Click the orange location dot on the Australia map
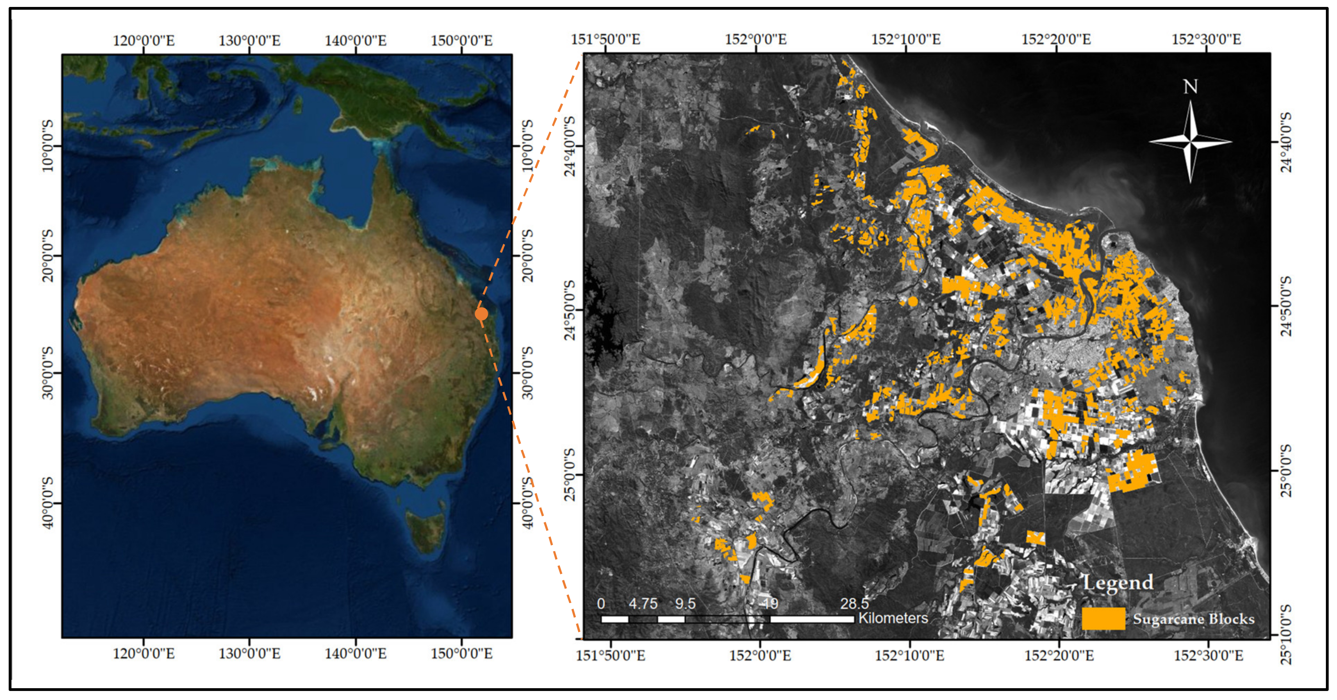[481, 314]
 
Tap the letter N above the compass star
[1190, 87]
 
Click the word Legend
[1118, 582]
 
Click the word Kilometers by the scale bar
[893, 618]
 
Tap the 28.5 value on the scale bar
[854, 603]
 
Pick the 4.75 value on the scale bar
[643, 603]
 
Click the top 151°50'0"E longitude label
[606, 40]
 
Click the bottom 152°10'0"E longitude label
[909, 655]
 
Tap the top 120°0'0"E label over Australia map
[144, 41]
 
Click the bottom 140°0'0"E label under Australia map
[356, 653]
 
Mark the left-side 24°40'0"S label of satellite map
[569, 146]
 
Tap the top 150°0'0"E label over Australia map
[461, 41]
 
